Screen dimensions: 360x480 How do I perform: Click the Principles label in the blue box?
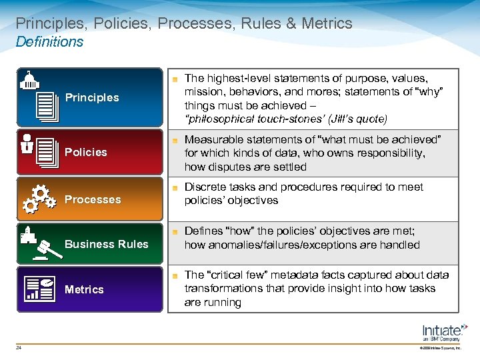92,98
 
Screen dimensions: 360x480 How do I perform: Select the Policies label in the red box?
85,153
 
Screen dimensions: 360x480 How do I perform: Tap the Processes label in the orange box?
93,199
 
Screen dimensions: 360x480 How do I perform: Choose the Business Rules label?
107,244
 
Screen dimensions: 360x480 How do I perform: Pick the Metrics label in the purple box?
84,289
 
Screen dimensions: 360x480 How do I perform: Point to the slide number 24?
19,347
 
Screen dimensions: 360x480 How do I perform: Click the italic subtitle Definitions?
49,42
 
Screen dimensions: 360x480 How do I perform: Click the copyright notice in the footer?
439,347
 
